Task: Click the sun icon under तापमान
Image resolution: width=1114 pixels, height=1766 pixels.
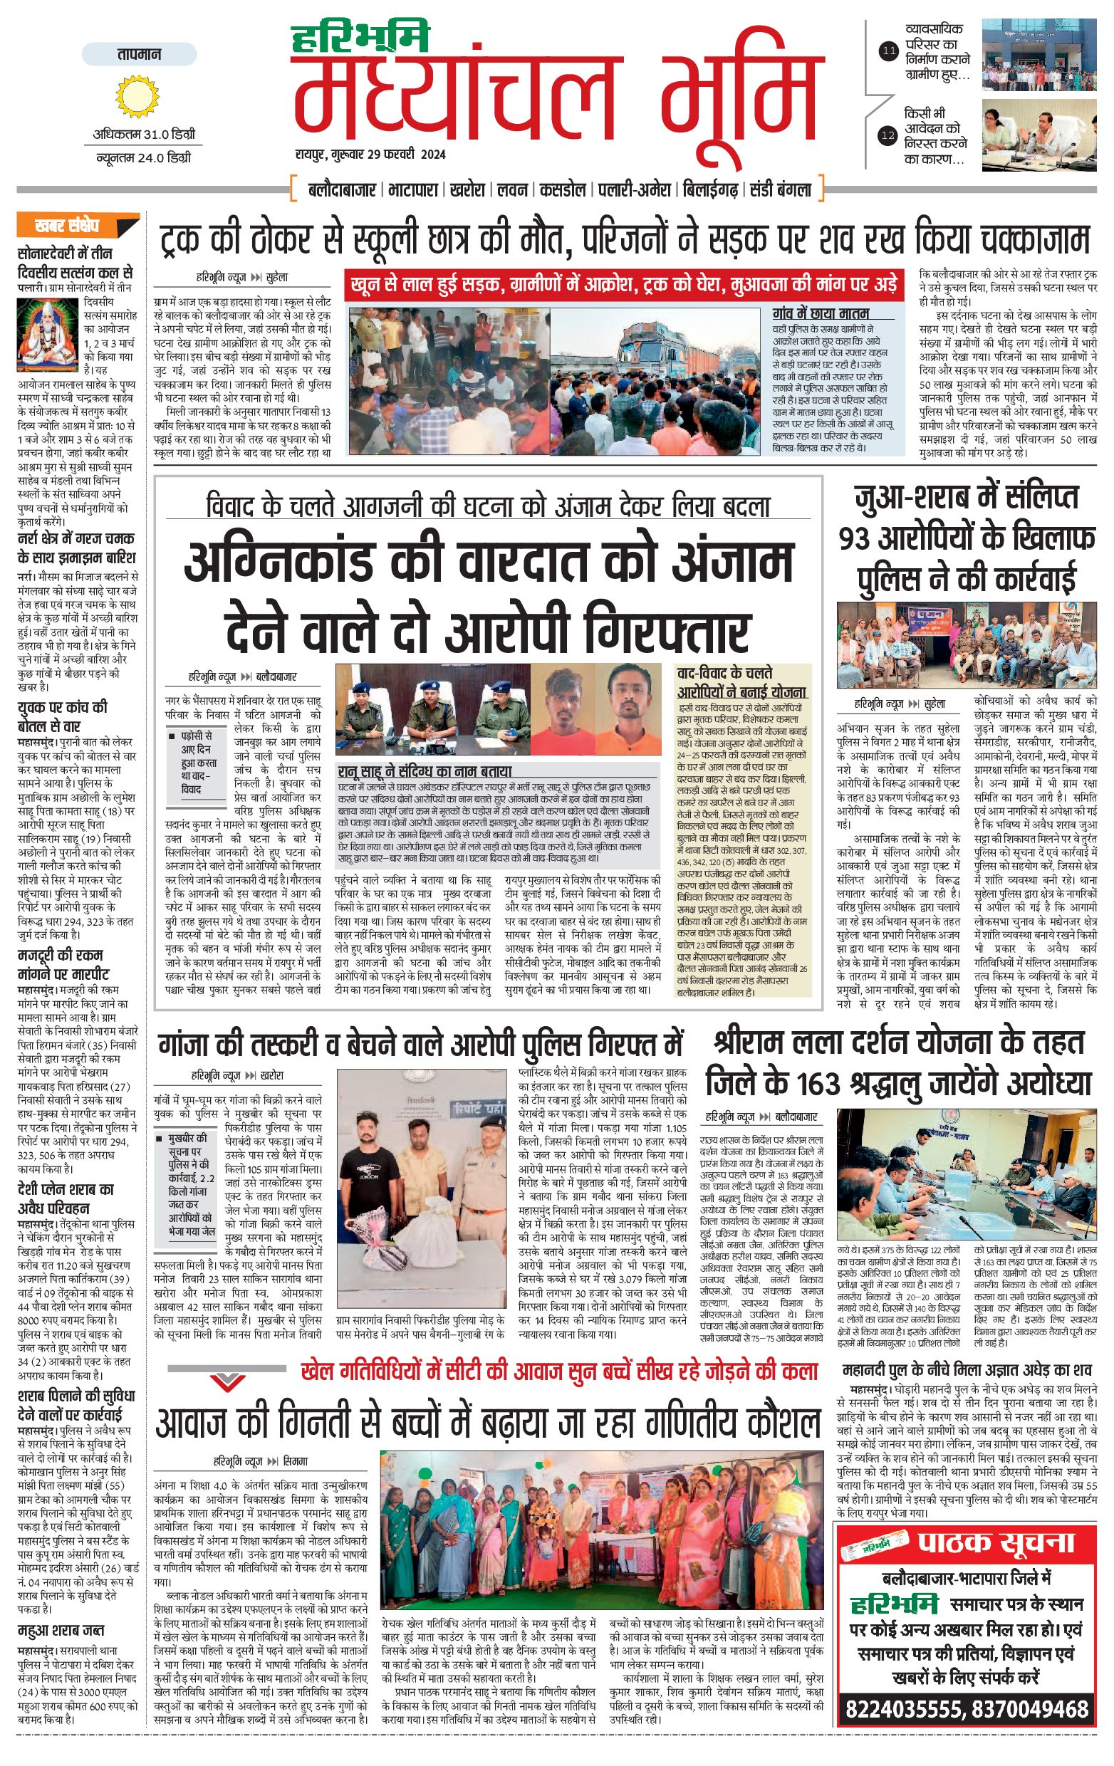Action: coord(137,97)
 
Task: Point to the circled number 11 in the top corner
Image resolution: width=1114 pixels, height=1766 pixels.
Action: coord(889,51)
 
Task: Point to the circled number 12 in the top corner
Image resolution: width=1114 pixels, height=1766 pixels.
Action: coord(889,135)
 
